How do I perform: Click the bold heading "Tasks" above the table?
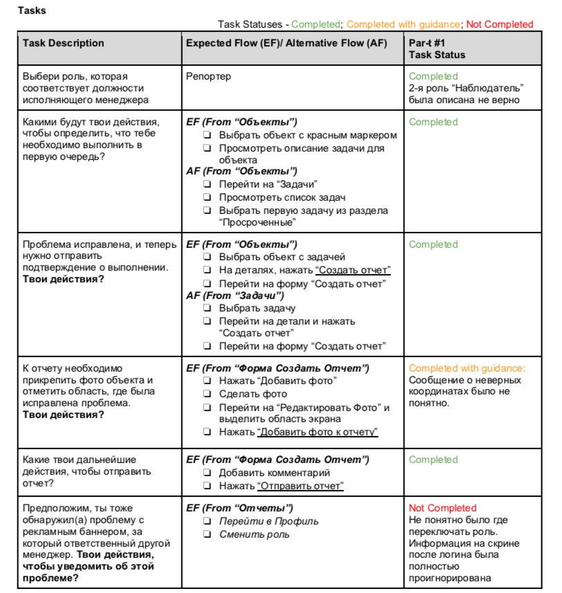33,10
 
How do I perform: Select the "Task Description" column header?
63,43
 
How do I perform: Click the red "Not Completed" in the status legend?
500,24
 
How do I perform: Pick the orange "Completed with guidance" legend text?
403,24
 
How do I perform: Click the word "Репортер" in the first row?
208,76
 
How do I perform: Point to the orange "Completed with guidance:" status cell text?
467,368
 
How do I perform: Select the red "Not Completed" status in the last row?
443,508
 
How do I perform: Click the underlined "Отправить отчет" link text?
300,486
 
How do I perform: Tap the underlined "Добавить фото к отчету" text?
318,432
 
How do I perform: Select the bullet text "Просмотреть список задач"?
273,198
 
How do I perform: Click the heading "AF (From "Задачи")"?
235,295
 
